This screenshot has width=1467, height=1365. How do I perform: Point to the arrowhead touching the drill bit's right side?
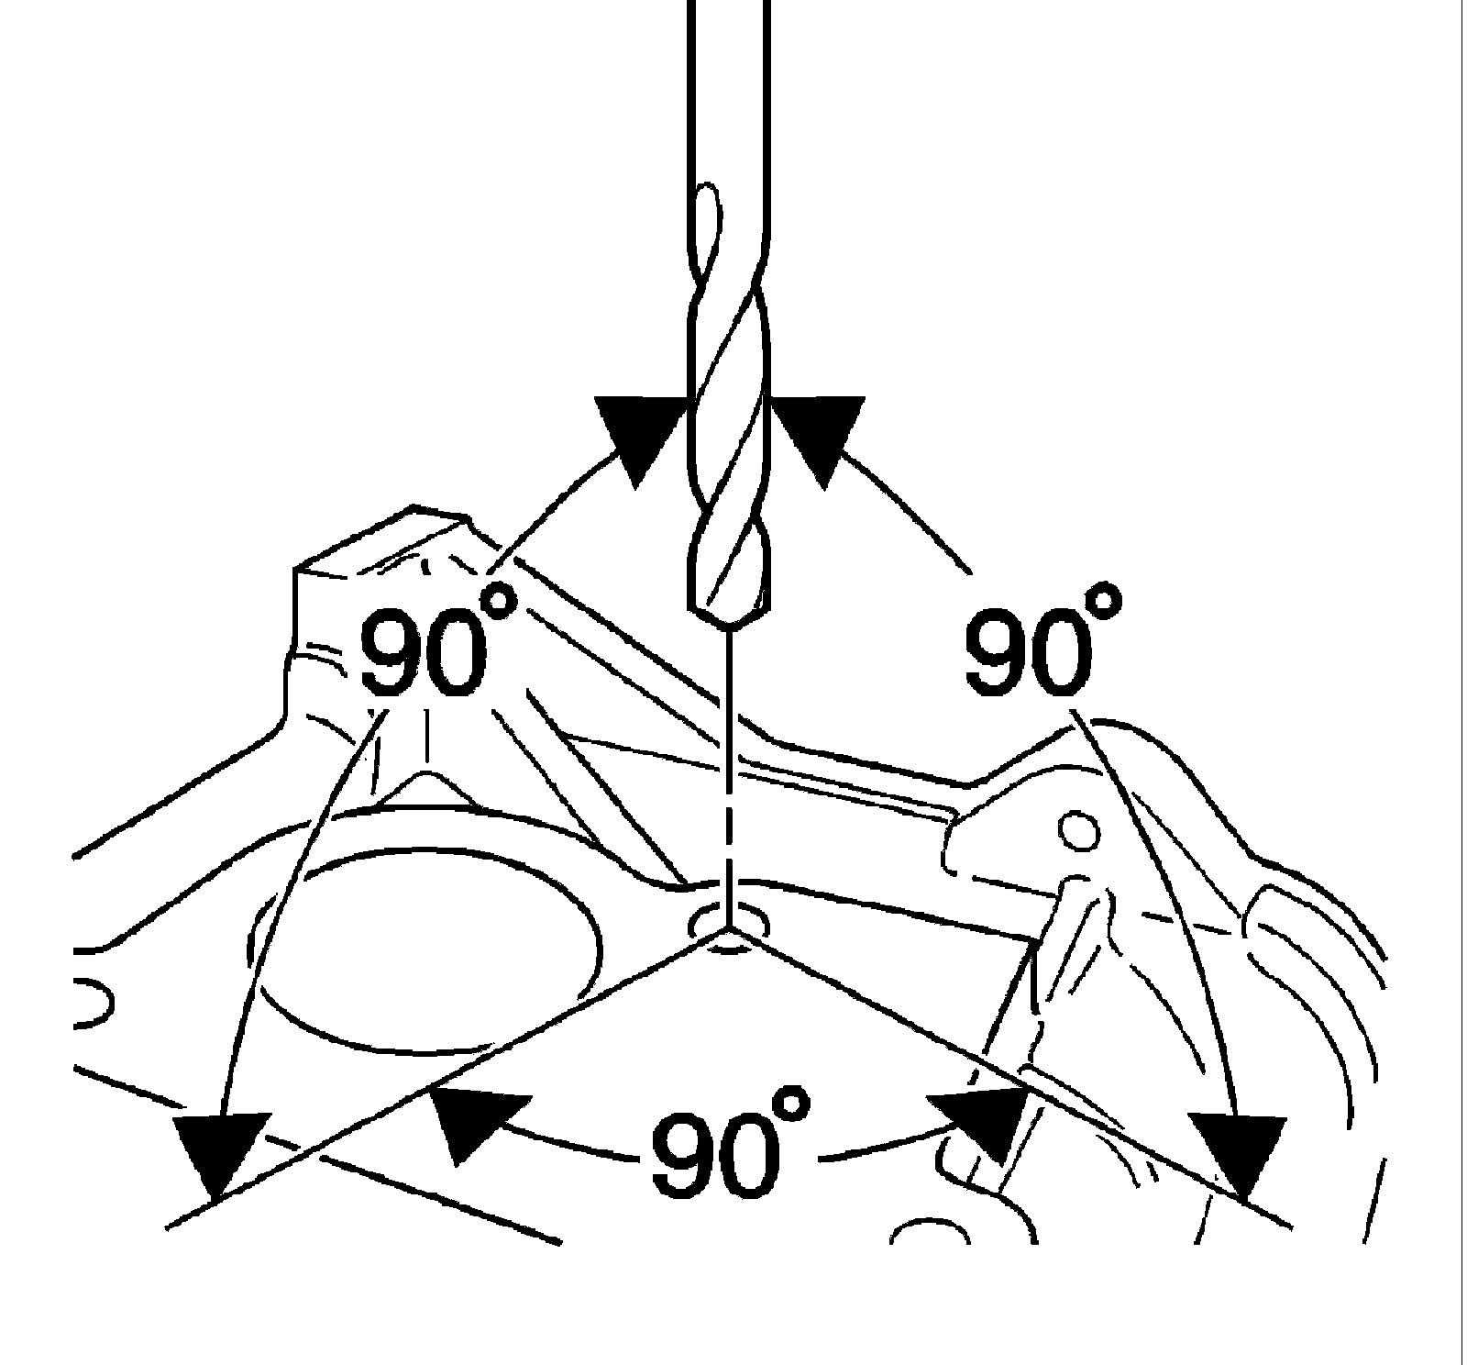(816, 436)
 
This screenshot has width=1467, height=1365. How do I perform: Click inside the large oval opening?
(431, 954)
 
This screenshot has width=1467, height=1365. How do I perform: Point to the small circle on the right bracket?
(1078, 831)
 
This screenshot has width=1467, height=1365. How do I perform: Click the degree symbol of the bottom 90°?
(790, 1104)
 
